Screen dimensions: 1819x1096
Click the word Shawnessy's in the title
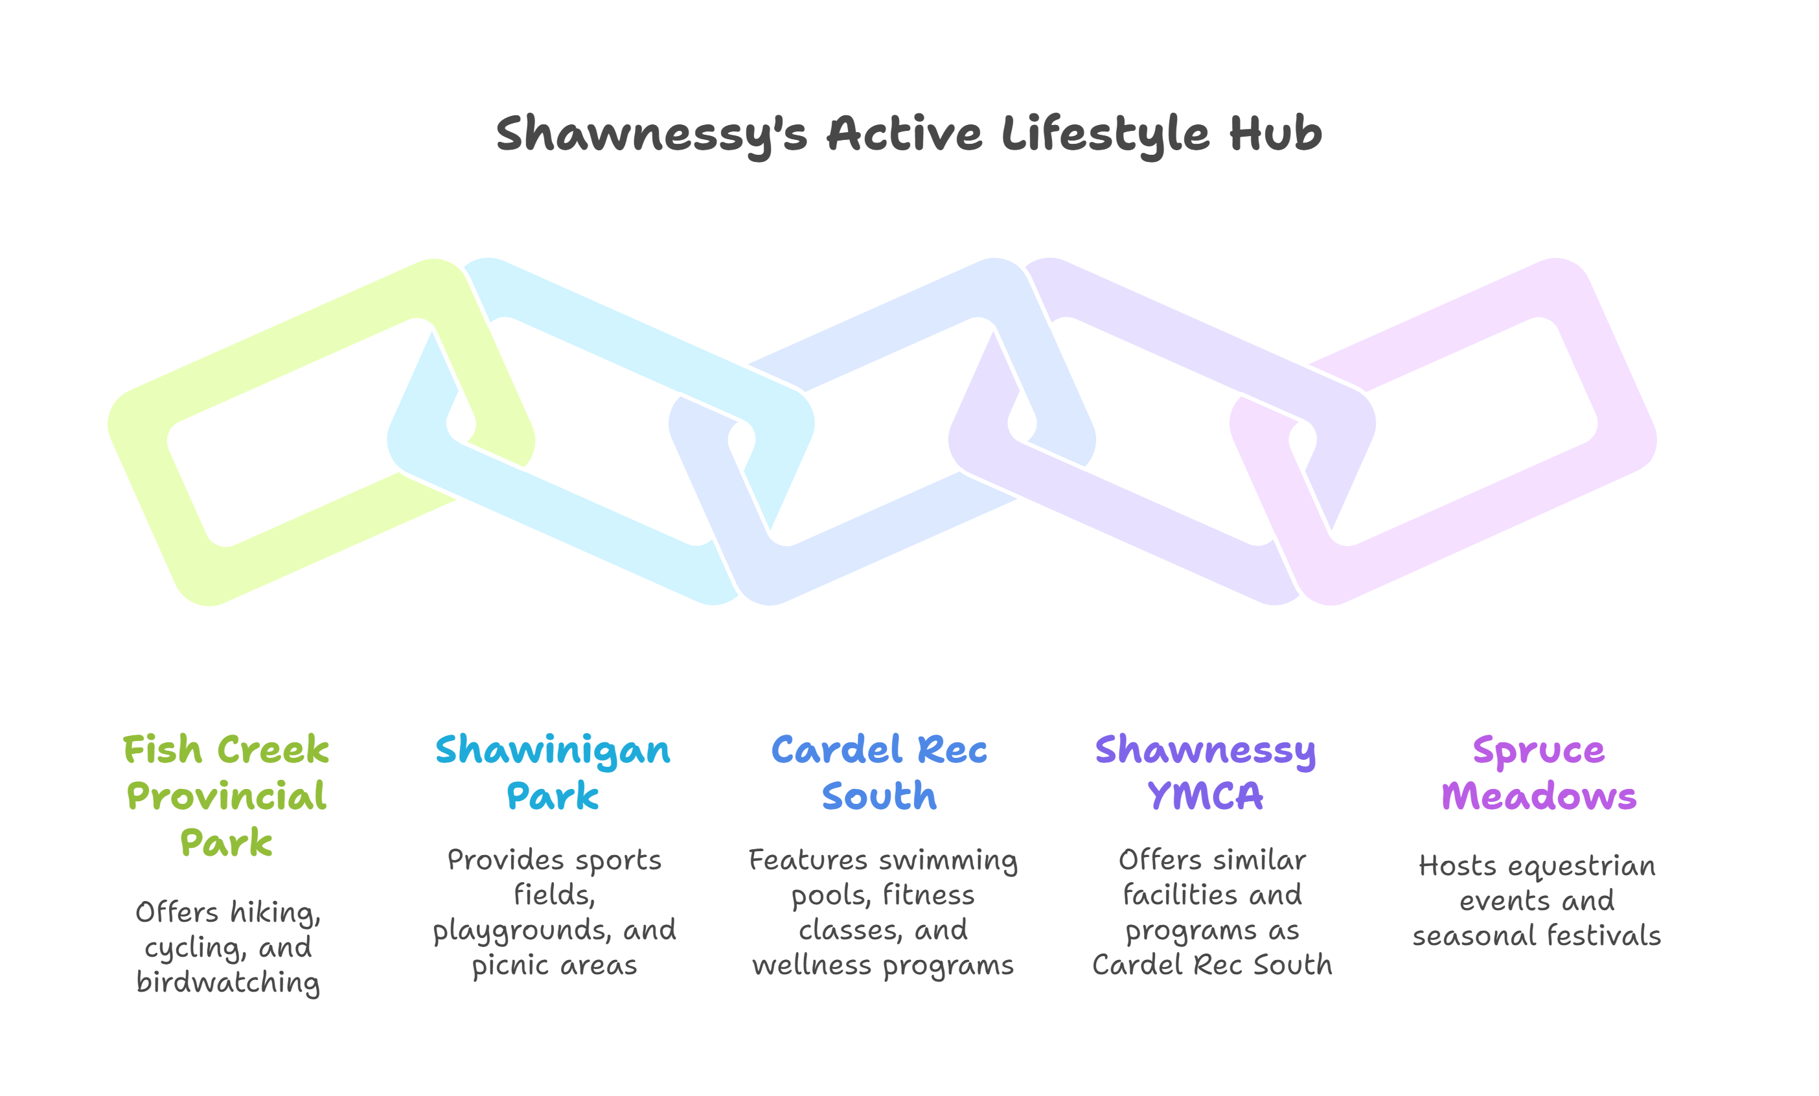(652, 135)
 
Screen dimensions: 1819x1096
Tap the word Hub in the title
(1275, 133)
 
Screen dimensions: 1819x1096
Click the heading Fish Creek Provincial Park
(226, 795)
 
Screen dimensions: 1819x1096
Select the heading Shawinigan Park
(553, 773)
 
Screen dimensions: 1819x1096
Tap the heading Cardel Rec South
(879, 773)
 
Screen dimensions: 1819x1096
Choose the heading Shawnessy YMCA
(1206, 773)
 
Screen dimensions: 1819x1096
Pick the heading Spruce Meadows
(1539, 773)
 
